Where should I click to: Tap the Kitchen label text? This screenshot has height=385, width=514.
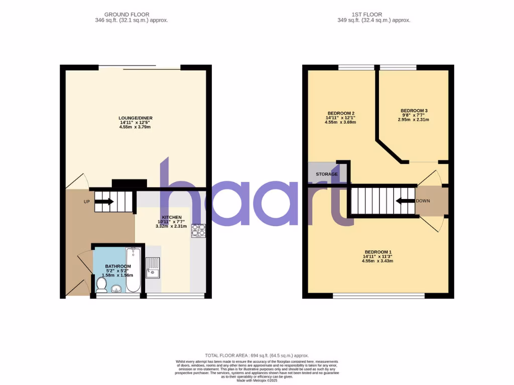coord(171,217)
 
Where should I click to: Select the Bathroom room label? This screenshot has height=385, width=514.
coord(118,266)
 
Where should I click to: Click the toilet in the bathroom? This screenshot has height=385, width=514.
coord(101,285)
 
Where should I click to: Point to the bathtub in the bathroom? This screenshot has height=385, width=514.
coord(133,269)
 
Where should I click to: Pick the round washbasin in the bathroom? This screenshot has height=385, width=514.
coord(117,288)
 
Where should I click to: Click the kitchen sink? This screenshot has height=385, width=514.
coord(153,267)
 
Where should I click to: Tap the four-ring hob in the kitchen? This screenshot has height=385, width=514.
coord(198,231)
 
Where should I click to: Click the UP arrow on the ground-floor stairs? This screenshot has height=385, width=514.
coord(103,202)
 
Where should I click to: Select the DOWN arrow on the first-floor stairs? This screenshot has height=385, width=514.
coord(404,201)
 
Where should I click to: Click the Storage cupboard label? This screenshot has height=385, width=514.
coord(326,174)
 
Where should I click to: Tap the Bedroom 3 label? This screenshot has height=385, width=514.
coord(414,110)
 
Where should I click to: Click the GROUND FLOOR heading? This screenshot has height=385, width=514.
coord(126,15)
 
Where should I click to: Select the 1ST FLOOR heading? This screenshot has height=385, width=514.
coord(373,15)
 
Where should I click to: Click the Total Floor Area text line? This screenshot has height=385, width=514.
coord(257,355)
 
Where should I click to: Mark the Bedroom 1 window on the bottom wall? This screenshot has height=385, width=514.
coord(378,295)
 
